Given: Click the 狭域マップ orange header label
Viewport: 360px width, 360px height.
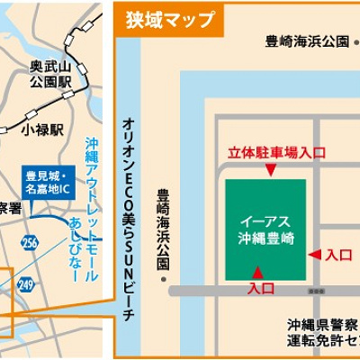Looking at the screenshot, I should point(170,19).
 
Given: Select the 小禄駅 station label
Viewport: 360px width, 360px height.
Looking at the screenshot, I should point(42,130).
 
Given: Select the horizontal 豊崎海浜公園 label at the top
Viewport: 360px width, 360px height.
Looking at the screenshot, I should point(305,41).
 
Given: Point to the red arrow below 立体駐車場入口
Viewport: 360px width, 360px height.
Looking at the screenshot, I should point(267,169).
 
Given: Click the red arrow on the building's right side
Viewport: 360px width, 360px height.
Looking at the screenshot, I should point(314,256).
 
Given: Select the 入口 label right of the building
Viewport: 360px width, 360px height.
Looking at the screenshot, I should point(338,256).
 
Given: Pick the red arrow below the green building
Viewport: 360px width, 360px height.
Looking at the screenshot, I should point(258,272).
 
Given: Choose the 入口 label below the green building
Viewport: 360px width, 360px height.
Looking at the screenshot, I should point(261,289).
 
